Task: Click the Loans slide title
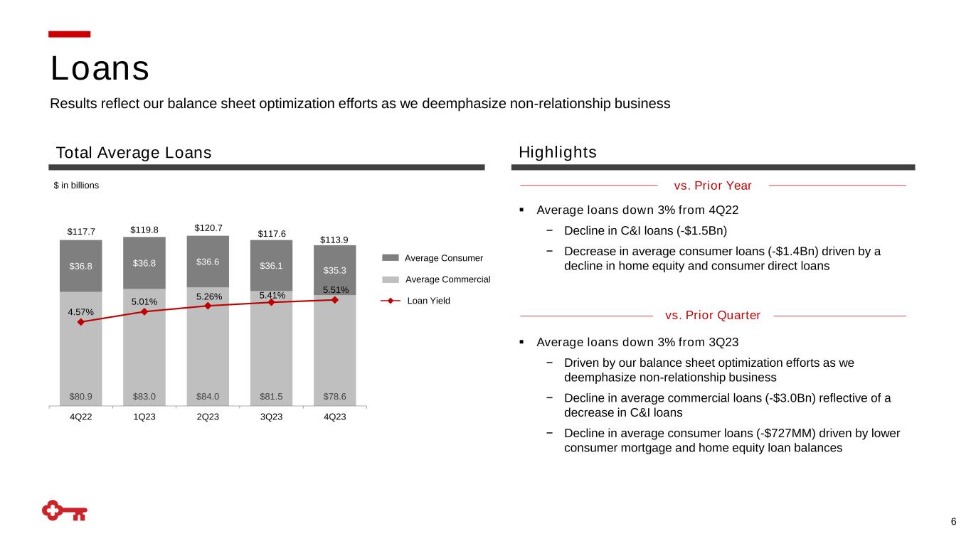click(100, 69)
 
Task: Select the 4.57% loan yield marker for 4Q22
click(81, 322)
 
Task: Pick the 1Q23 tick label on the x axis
click(144, 417)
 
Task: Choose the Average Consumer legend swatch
click(391, 257)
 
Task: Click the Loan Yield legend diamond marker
click(391, 301)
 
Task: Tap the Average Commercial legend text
click(447, 279)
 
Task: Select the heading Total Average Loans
click(134, 153)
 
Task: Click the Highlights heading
click(558, 153)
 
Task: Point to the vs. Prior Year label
click(712, 186)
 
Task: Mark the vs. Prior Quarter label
click(713, 315)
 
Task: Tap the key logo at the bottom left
click(65, 511)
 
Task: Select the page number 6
click(953, 523)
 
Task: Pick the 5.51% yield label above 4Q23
click(336, 290)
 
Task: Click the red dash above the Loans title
click(70, 34)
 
